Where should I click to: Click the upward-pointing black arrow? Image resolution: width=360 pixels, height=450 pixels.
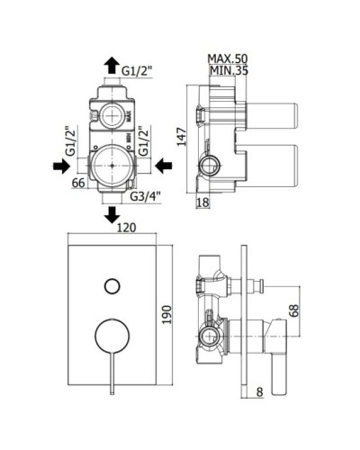tap(112, 65)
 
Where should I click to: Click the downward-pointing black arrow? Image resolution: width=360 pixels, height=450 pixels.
tap(112, 215)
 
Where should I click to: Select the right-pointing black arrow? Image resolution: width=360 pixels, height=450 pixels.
tap(62, 166)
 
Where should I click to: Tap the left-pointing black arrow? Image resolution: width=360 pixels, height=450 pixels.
tap(164, 166)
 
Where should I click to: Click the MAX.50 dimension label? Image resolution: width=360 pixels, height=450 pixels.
tap(228, 58)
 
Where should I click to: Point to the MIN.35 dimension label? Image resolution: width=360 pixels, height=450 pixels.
tap(229, 71)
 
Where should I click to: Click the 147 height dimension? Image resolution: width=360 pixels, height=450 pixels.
tap(182, 137)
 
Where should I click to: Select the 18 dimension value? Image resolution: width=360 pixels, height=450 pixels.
tap(202, 202)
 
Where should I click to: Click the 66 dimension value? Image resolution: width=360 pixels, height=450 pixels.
tap(78, 183)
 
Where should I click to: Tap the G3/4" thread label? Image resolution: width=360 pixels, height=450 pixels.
tap(146, 196)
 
